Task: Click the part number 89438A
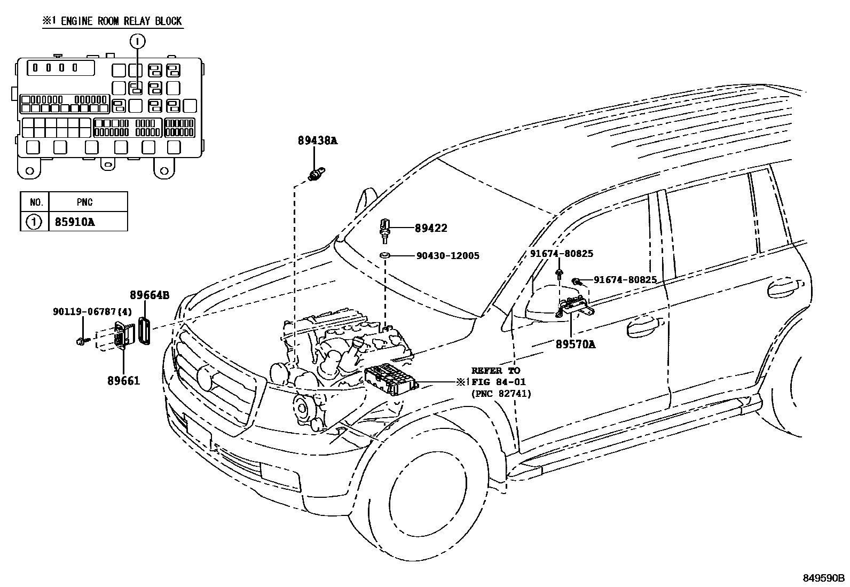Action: click(318, 140)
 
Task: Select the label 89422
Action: click(431, 228)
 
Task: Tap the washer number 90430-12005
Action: click(447, 256)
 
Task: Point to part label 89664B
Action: click(149, 294)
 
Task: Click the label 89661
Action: click(123, 380)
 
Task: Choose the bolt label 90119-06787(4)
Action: click(92, 311)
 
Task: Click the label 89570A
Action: click(578, 345)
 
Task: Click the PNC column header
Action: click(84, 202)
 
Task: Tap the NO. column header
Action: click(35, 202)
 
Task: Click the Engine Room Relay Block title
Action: click(112, 21)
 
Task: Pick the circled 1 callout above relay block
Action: click(137, 41)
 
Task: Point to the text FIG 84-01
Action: click(498, 382)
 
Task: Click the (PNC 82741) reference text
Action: click(500, 394)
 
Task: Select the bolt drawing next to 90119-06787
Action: click(81, 340)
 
